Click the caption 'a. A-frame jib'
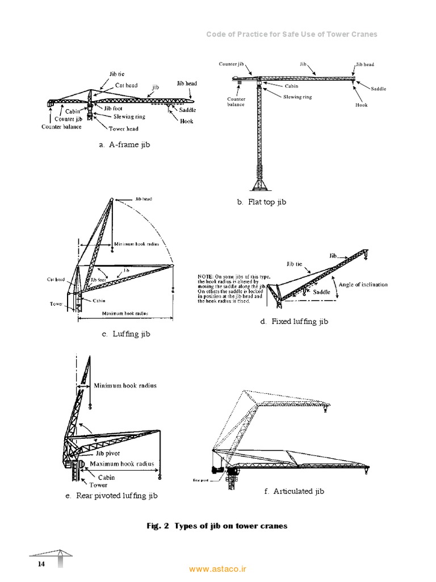[x=124, y=145]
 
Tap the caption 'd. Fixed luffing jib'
[x=294, y=322]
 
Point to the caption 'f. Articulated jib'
[x=294, y=491]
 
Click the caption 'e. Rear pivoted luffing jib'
[x=111, y=496]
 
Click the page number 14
[x=41, y=564]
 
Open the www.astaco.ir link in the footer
[x=218, y=568]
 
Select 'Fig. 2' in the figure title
[x=158, y=526]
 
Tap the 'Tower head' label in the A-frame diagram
[x=123, y=128]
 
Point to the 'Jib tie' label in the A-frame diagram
[x=117, y=74]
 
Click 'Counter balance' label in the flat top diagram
[x=236, y=102]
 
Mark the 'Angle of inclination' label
[x=363, y=284]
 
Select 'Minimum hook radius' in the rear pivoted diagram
[x=125, y=385]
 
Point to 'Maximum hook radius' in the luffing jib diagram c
[x=124, y=313]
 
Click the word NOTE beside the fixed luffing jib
[x=205, y=276]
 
